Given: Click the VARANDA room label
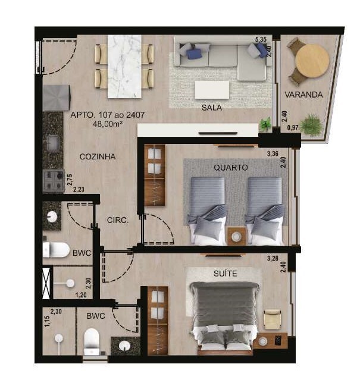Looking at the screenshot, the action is [x=303, y=95].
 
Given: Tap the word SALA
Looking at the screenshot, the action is [x=211, y=107].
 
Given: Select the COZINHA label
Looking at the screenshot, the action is [x=98, y=156].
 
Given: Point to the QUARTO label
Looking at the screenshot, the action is [x=230, y=167].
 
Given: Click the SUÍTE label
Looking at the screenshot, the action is [x=226, y=273].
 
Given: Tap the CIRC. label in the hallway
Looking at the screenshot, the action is [x=118, y=220].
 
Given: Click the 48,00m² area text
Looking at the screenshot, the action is [x=108, y=124].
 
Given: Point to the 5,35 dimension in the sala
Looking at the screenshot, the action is [x=261, y=39].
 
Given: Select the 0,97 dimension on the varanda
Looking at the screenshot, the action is [x=293, y=127].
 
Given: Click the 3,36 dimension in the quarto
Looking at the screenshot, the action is [x=273, y=154].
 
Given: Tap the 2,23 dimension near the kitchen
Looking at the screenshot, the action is [x=79, y=189].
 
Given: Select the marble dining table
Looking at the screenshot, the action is [x=124, y=67].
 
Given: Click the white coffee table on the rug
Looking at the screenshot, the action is [x=212, y=90].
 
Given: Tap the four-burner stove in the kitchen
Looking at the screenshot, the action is [x=54, y=180].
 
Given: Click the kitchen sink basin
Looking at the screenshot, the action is [x=53, y=143].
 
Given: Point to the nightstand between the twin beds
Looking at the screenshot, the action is [x=236, y=236].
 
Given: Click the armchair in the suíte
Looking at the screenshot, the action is [x=272, y=319].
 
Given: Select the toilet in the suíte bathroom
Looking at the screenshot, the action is [x=92, y=341].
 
